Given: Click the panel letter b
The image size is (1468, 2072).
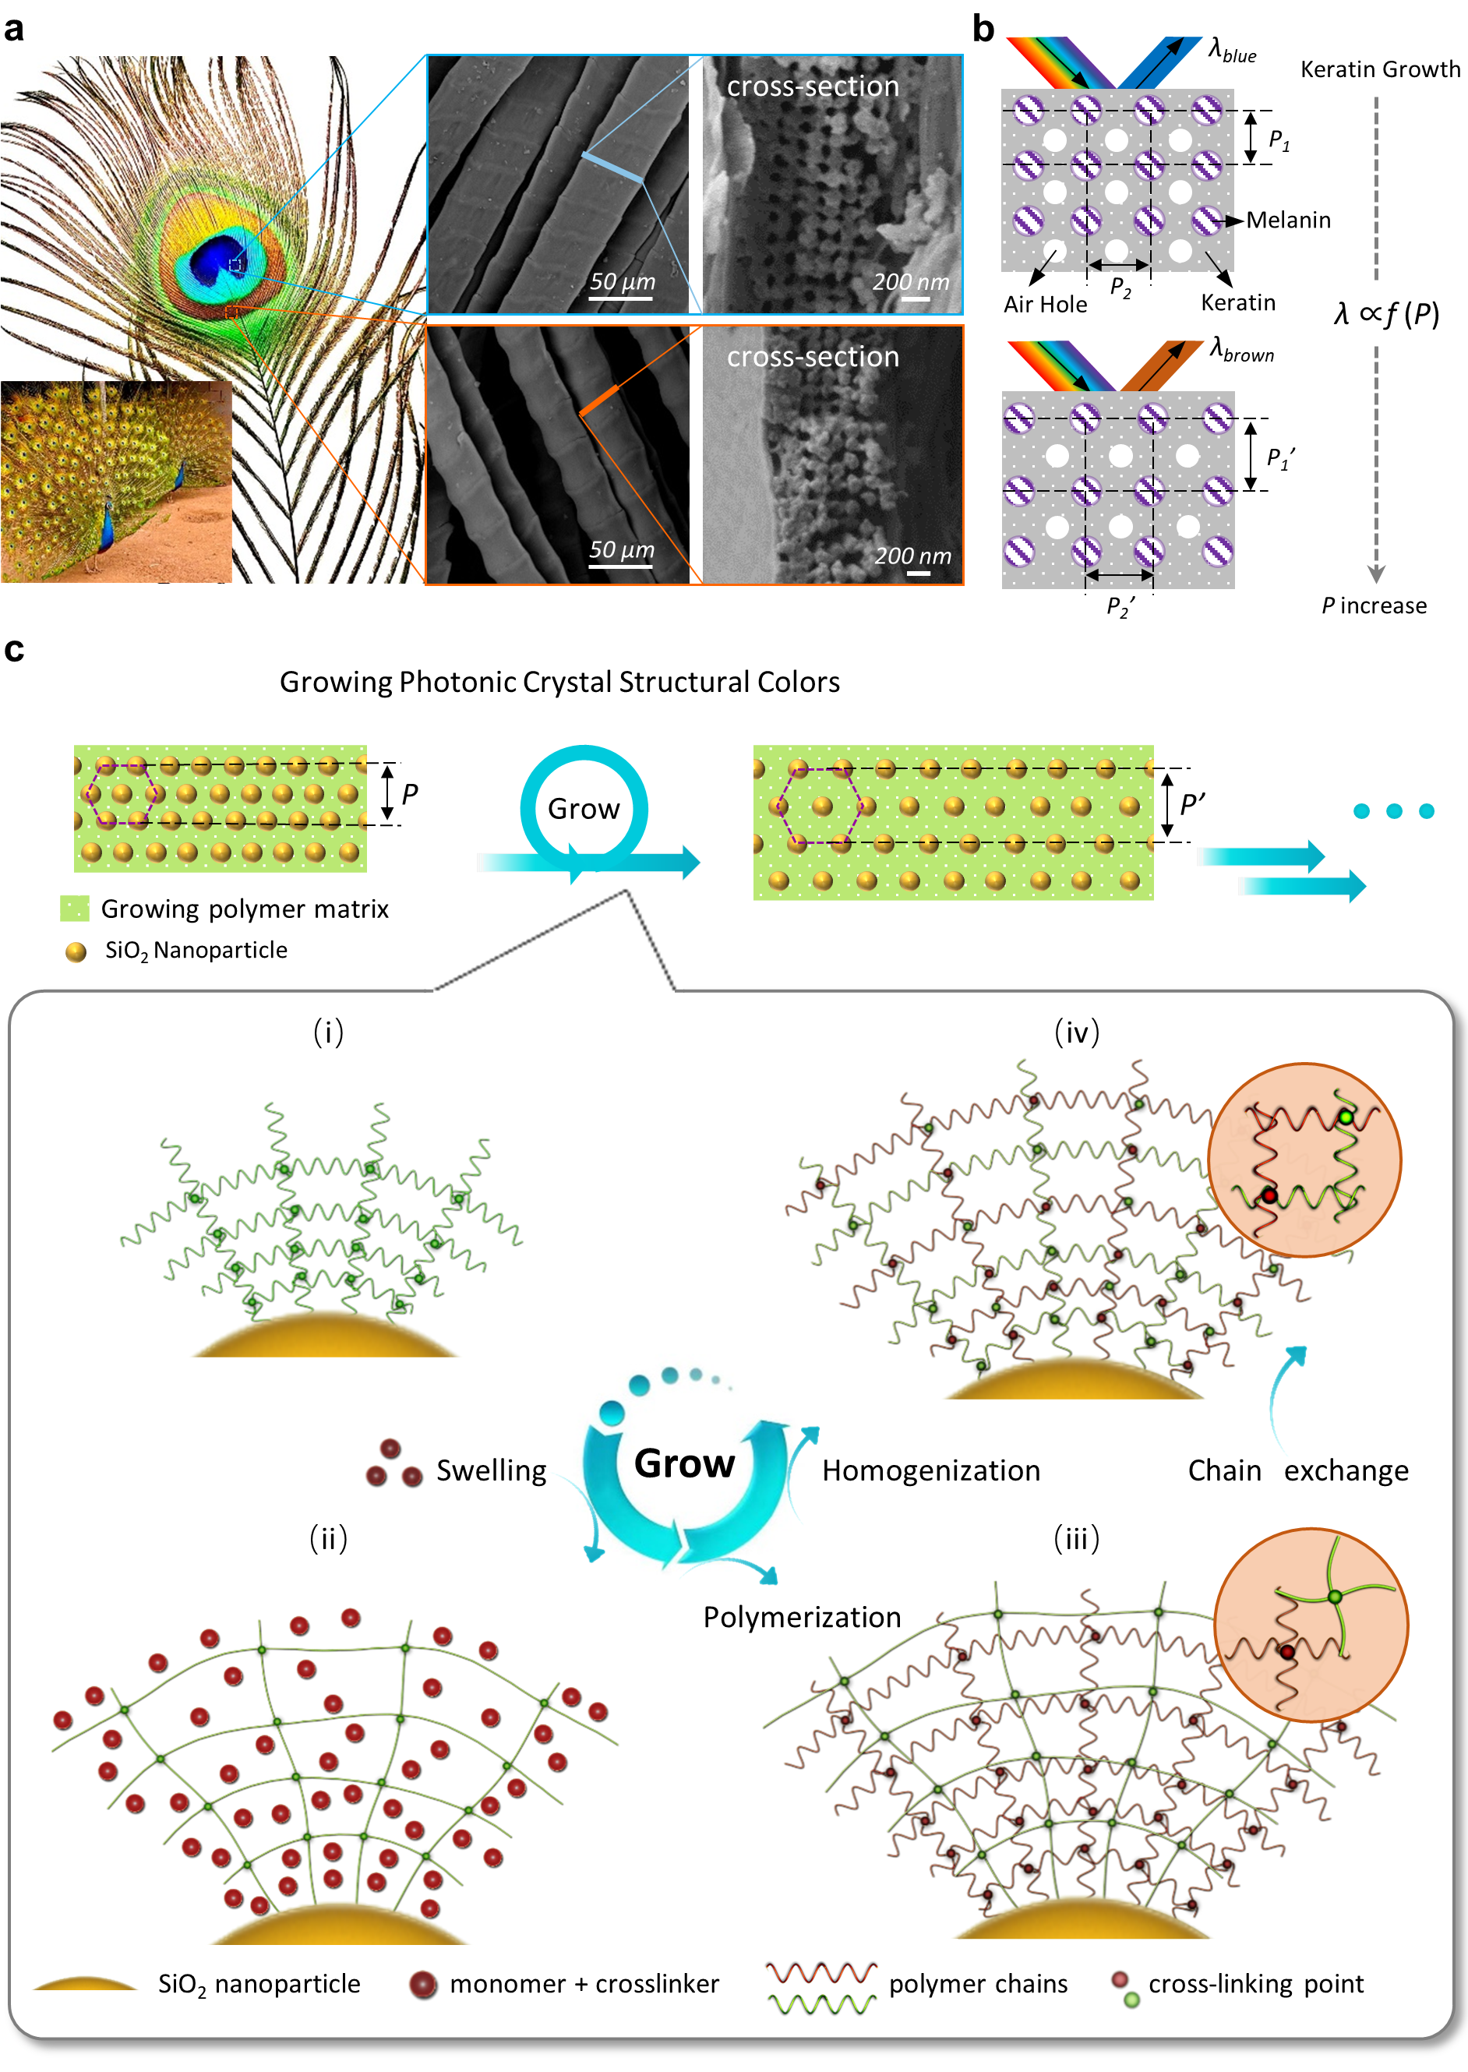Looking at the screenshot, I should [983, 29].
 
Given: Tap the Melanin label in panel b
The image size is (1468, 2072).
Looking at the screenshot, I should [1287, 220].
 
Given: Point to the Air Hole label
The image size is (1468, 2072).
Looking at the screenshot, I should [1045, 305].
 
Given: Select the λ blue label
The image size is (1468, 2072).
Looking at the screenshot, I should [1233, 50].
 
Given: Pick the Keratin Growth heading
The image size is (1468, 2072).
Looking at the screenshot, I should [1379, 69].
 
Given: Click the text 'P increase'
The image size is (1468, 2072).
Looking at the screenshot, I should [1373, 605].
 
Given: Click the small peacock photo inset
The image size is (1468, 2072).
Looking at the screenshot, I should [115, 481].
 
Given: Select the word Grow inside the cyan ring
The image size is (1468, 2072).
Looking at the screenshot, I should [583, 808].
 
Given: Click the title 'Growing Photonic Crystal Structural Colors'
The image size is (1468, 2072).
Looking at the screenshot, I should [559, 682].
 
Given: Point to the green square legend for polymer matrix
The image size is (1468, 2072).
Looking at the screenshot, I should [74, 908].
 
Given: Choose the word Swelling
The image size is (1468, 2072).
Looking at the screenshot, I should [491, 1471].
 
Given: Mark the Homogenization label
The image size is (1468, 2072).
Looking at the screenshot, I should [931, 1471].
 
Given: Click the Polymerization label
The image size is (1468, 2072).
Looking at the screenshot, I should [802, 1617].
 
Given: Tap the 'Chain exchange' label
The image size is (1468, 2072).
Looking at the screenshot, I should [1297, 1471].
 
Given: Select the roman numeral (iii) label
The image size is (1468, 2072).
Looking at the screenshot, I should [1076, 1539].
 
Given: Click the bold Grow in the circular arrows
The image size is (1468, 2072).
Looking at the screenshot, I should [684, 1463].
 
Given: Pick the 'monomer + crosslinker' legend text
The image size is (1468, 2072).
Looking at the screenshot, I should [584, 1983].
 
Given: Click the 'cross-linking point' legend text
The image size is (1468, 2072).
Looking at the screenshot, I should [1255, 1983].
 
